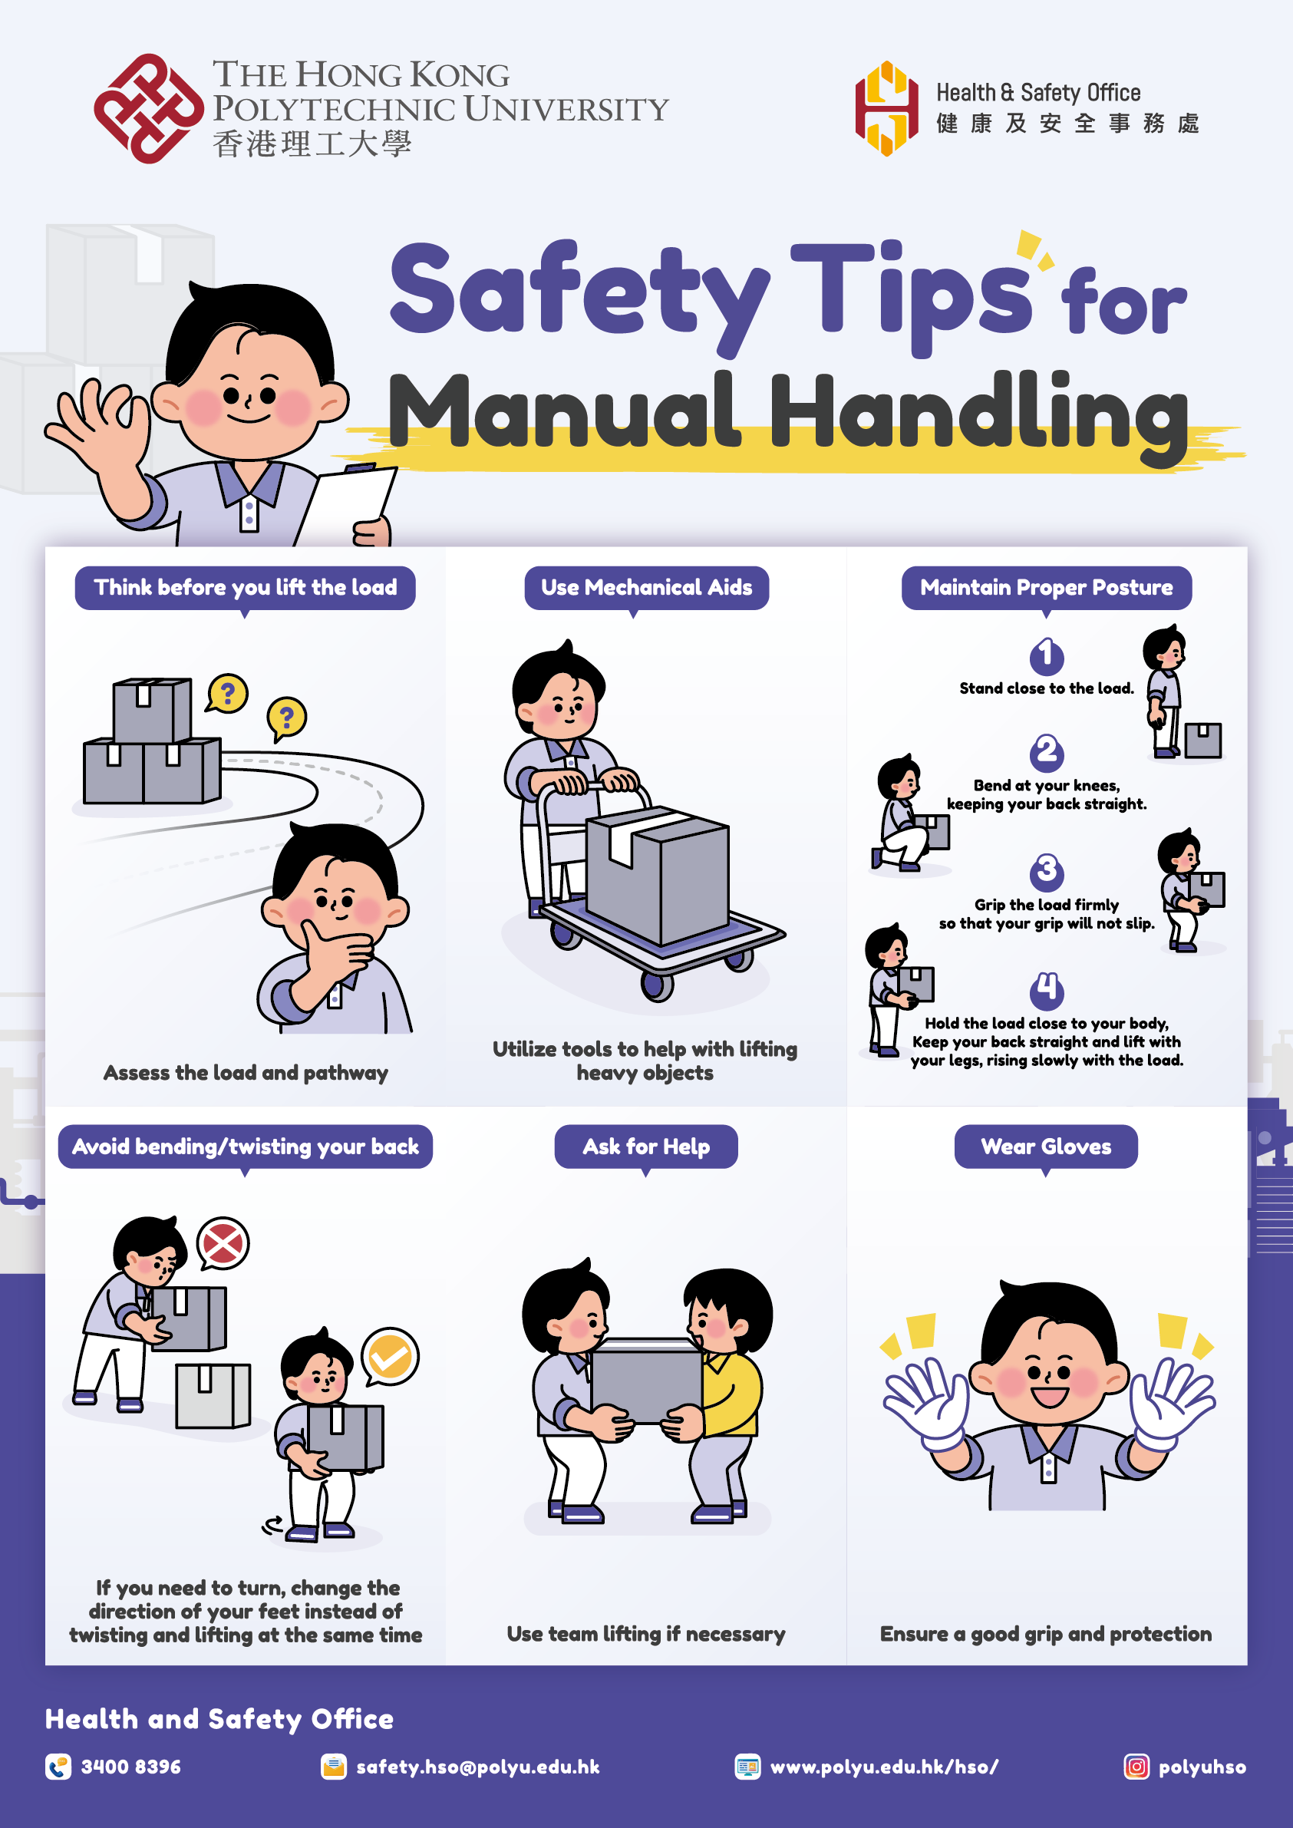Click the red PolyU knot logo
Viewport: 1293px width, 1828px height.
pyautogui.click(x=148, y=108)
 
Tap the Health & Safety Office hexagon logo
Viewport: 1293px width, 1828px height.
pyautogui.click(x=886, y=108)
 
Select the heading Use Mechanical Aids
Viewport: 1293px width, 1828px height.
pyautogui.click(x=646, y=588)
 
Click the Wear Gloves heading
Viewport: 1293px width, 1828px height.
pyautogui.click(x=1045, y=1147)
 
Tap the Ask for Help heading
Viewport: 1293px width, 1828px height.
pyautogui.click(x=645, y=1147)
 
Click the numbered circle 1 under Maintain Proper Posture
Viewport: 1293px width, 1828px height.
pyautogui.click(x=1046, y=656)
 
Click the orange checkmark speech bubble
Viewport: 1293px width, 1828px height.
pyautogui.click(x=389, y=1357)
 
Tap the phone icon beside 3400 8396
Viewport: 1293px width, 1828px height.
pyautogui.click(x=58, y=1767)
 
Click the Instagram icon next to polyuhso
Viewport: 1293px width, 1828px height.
pyautogui.click(x=1136, y=1767)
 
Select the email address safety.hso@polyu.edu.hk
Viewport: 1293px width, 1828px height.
pyautogui.click(x=478, y=1767)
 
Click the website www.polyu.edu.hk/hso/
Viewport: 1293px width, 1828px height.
pyautogui.click(x=884, y=1767)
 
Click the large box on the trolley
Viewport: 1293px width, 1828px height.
pyautogui.click(x=658, y=875)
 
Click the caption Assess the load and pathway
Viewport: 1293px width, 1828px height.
pyautogui.click(x=246, y=1072)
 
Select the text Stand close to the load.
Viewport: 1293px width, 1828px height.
pyautogui.click(x=1046, y=688)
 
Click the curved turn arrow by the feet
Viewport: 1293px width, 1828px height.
pyautogui.click(x=273, y=1525)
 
